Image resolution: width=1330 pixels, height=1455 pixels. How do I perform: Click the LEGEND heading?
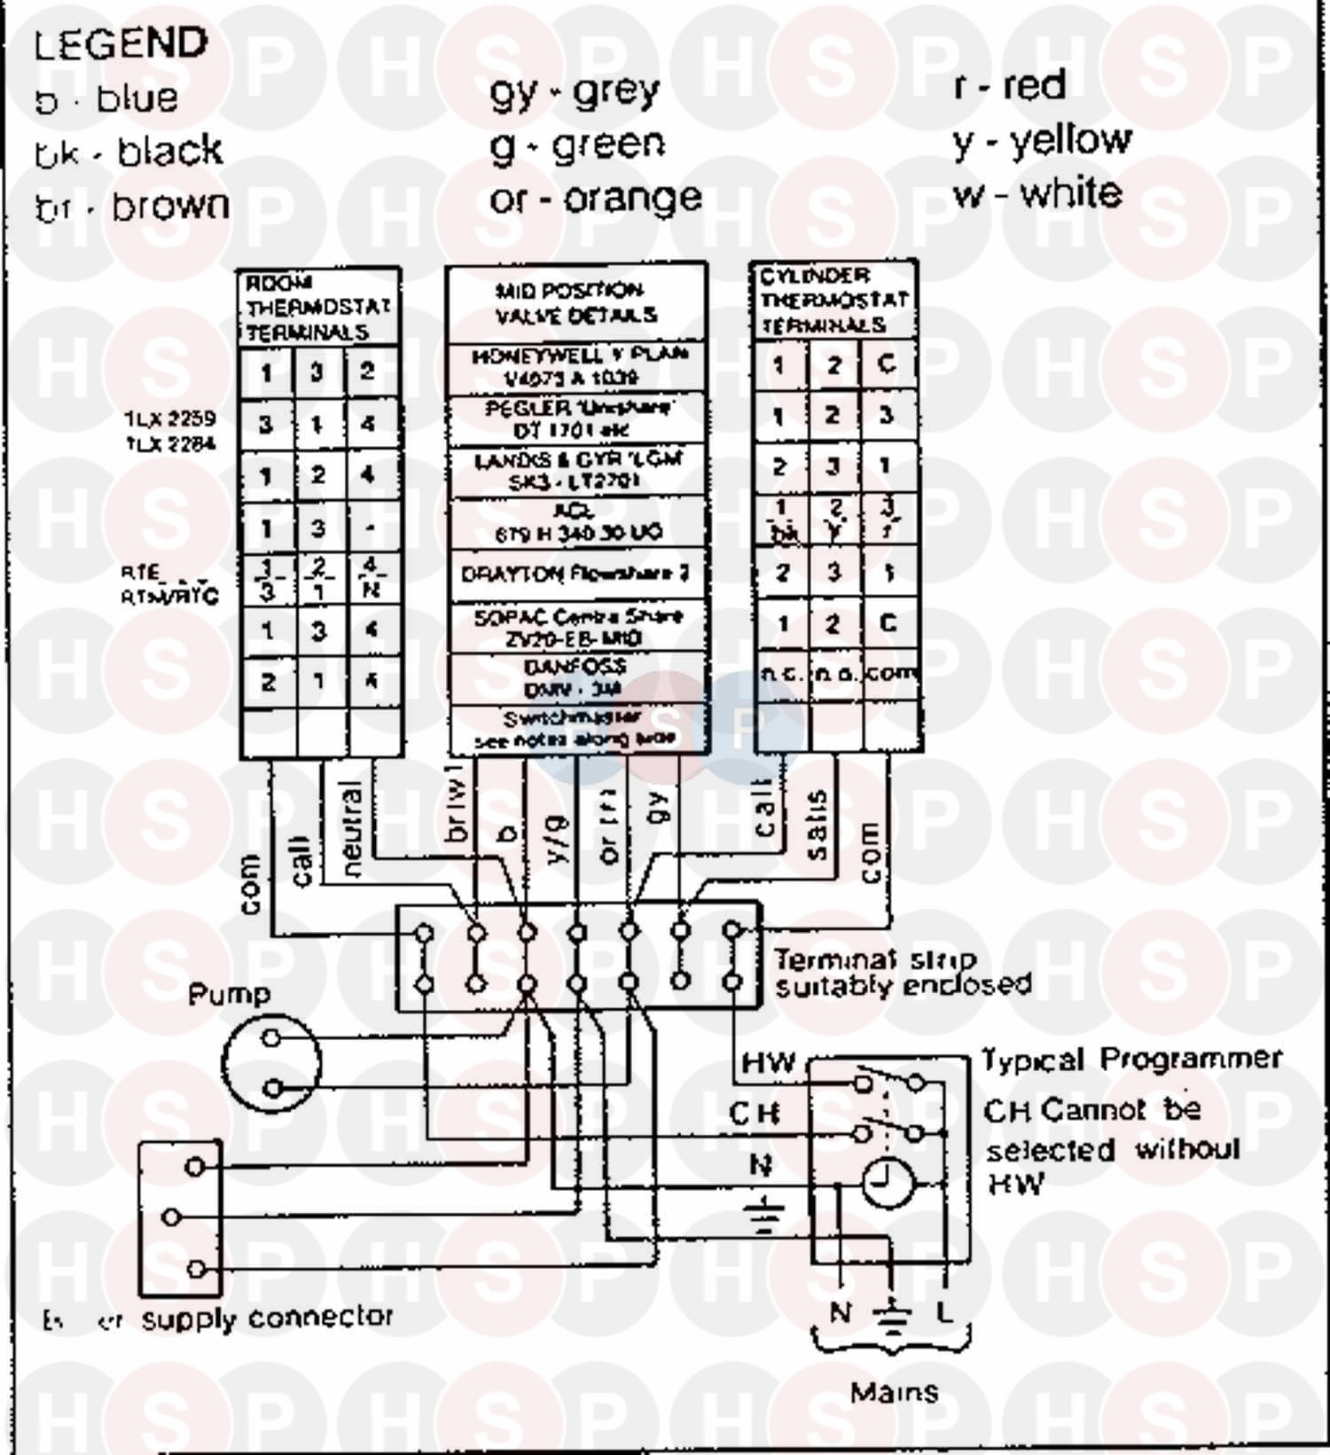click(121, 43)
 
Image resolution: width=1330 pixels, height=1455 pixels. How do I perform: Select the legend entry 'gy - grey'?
click(575, 91)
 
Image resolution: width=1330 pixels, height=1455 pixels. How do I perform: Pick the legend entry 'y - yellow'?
click(1042, 140)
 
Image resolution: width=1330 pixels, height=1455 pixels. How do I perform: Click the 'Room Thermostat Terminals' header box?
click(317, 308)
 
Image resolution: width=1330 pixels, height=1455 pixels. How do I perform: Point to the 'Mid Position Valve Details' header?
click(576, 303)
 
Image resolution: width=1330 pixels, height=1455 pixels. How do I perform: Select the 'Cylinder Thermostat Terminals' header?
click(833, 300)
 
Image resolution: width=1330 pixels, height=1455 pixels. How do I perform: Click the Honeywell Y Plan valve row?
click(577, 367)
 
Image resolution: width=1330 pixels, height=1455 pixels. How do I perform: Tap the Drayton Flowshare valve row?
click(575, 575)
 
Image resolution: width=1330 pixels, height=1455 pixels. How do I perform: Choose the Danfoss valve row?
click(575, 678)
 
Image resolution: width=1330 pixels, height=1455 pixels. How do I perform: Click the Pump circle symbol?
click(271, 1062)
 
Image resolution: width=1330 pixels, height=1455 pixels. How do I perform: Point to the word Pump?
click(229, 994)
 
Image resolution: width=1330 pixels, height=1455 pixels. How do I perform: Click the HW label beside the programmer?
click(768, 1062)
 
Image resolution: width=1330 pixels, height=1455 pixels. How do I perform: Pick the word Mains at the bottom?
click(894, 1391)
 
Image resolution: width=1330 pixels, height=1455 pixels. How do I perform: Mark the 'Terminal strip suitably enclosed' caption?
click(902, 973)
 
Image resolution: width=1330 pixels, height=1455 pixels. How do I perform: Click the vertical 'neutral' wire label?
click(351, 829)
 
